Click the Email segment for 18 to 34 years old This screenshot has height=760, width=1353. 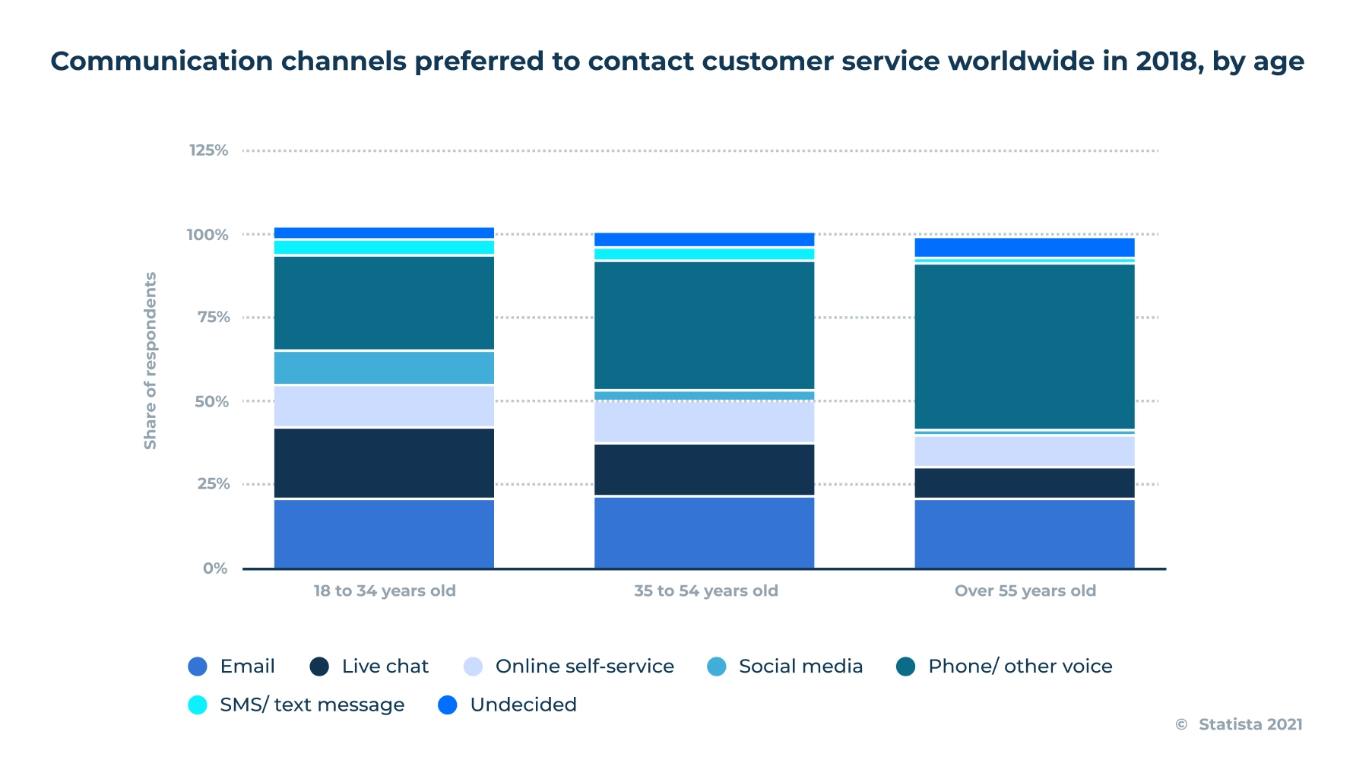(384, 534)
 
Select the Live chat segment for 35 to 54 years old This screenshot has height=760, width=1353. (704, 470)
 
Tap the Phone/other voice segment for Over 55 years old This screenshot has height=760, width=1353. (1024, 347)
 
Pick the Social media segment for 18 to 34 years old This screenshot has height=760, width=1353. (384, 368)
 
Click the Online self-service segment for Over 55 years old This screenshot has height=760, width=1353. (1024, 451)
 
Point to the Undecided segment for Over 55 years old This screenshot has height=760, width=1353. (1024, 247)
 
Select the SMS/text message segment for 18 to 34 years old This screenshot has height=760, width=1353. (384, 247)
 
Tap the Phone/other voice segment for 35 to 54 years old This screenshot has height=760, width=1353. (704, 325)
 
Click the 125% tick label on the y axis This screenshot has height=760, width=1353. (208, 150)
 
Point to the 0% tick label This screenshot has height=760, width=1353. (215, 568)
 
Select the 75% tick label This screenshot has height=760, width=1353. (214, 318)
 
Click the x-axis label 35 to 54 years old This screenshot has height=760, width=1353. (706, 591)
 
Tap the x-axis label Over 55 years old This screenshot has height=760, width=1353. (1025, 591)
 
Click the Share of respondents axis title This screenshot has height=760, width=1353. (151, 360)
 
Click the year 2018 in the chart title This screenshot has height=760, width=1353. (1169, 61)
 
